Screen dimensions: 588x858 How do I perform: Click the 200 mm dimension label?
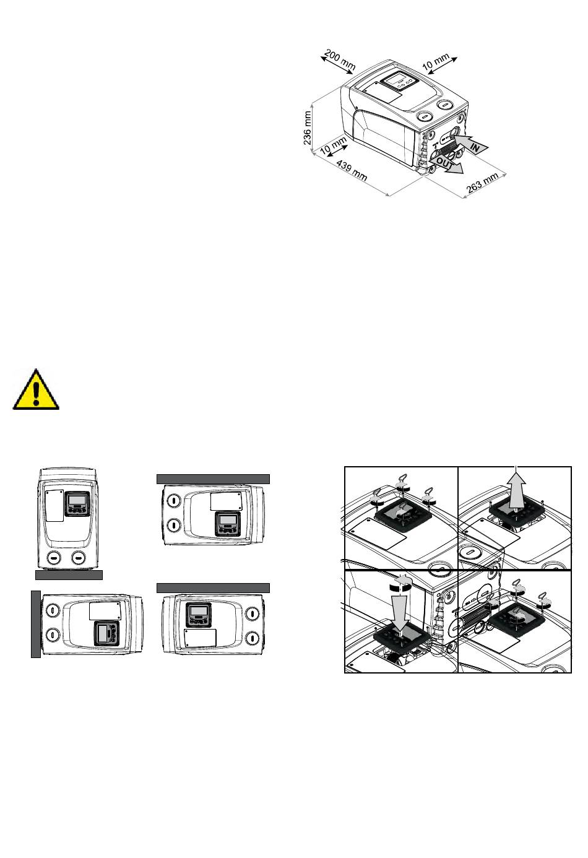340,60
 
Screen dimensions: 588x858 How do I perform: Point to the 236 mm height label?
308,128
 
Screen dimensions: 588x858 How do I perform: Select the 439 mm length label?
352,170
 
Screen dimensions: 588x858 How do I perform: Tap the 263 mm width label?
482,183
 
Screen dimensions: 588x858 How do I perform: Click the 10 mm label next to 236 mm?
333,146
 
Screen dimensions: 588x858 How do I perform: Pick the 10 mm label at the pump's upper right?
436,62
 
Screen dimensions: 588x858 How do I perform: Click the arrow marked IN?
472,144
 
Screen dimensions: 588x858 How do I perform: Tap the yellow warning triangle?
36,389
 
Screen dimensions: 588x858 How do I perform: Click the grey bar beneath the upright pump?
69,575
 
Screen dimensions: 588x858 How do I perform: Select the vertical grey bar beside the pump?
36,625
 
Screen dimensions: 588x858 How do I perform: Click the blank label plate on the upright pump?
54,505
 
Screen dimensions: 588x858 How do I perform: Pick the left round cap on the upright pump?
54,558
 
